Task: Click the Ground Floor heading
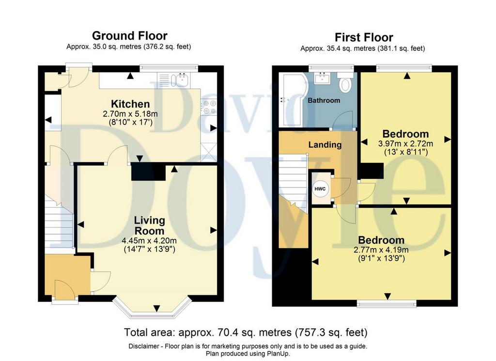tap(130, 35)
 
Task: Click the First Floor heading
tap(364, 37)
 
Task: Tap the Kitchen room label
tap(130, 104)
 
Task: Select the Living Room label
tap(149, 225)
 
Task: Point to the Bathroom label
tap(324, 100)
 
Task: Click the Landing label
tap(325, 144)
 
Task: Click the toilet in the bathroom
tap(345, 82)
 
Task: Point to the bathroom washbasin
tap(323, 78)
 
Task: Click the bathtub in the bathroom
tap(292, 100)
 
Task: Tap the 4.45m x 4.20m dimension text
tap(149, 241)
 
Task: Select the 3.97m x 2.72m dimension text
tap(406, 143)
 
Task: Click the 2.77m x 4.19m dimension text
tap(381, 250)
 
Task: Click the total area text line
tap(246, 332)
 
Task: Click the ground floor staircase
tap(60, 221)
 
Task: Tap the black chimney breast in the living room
tap(148, 172)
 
